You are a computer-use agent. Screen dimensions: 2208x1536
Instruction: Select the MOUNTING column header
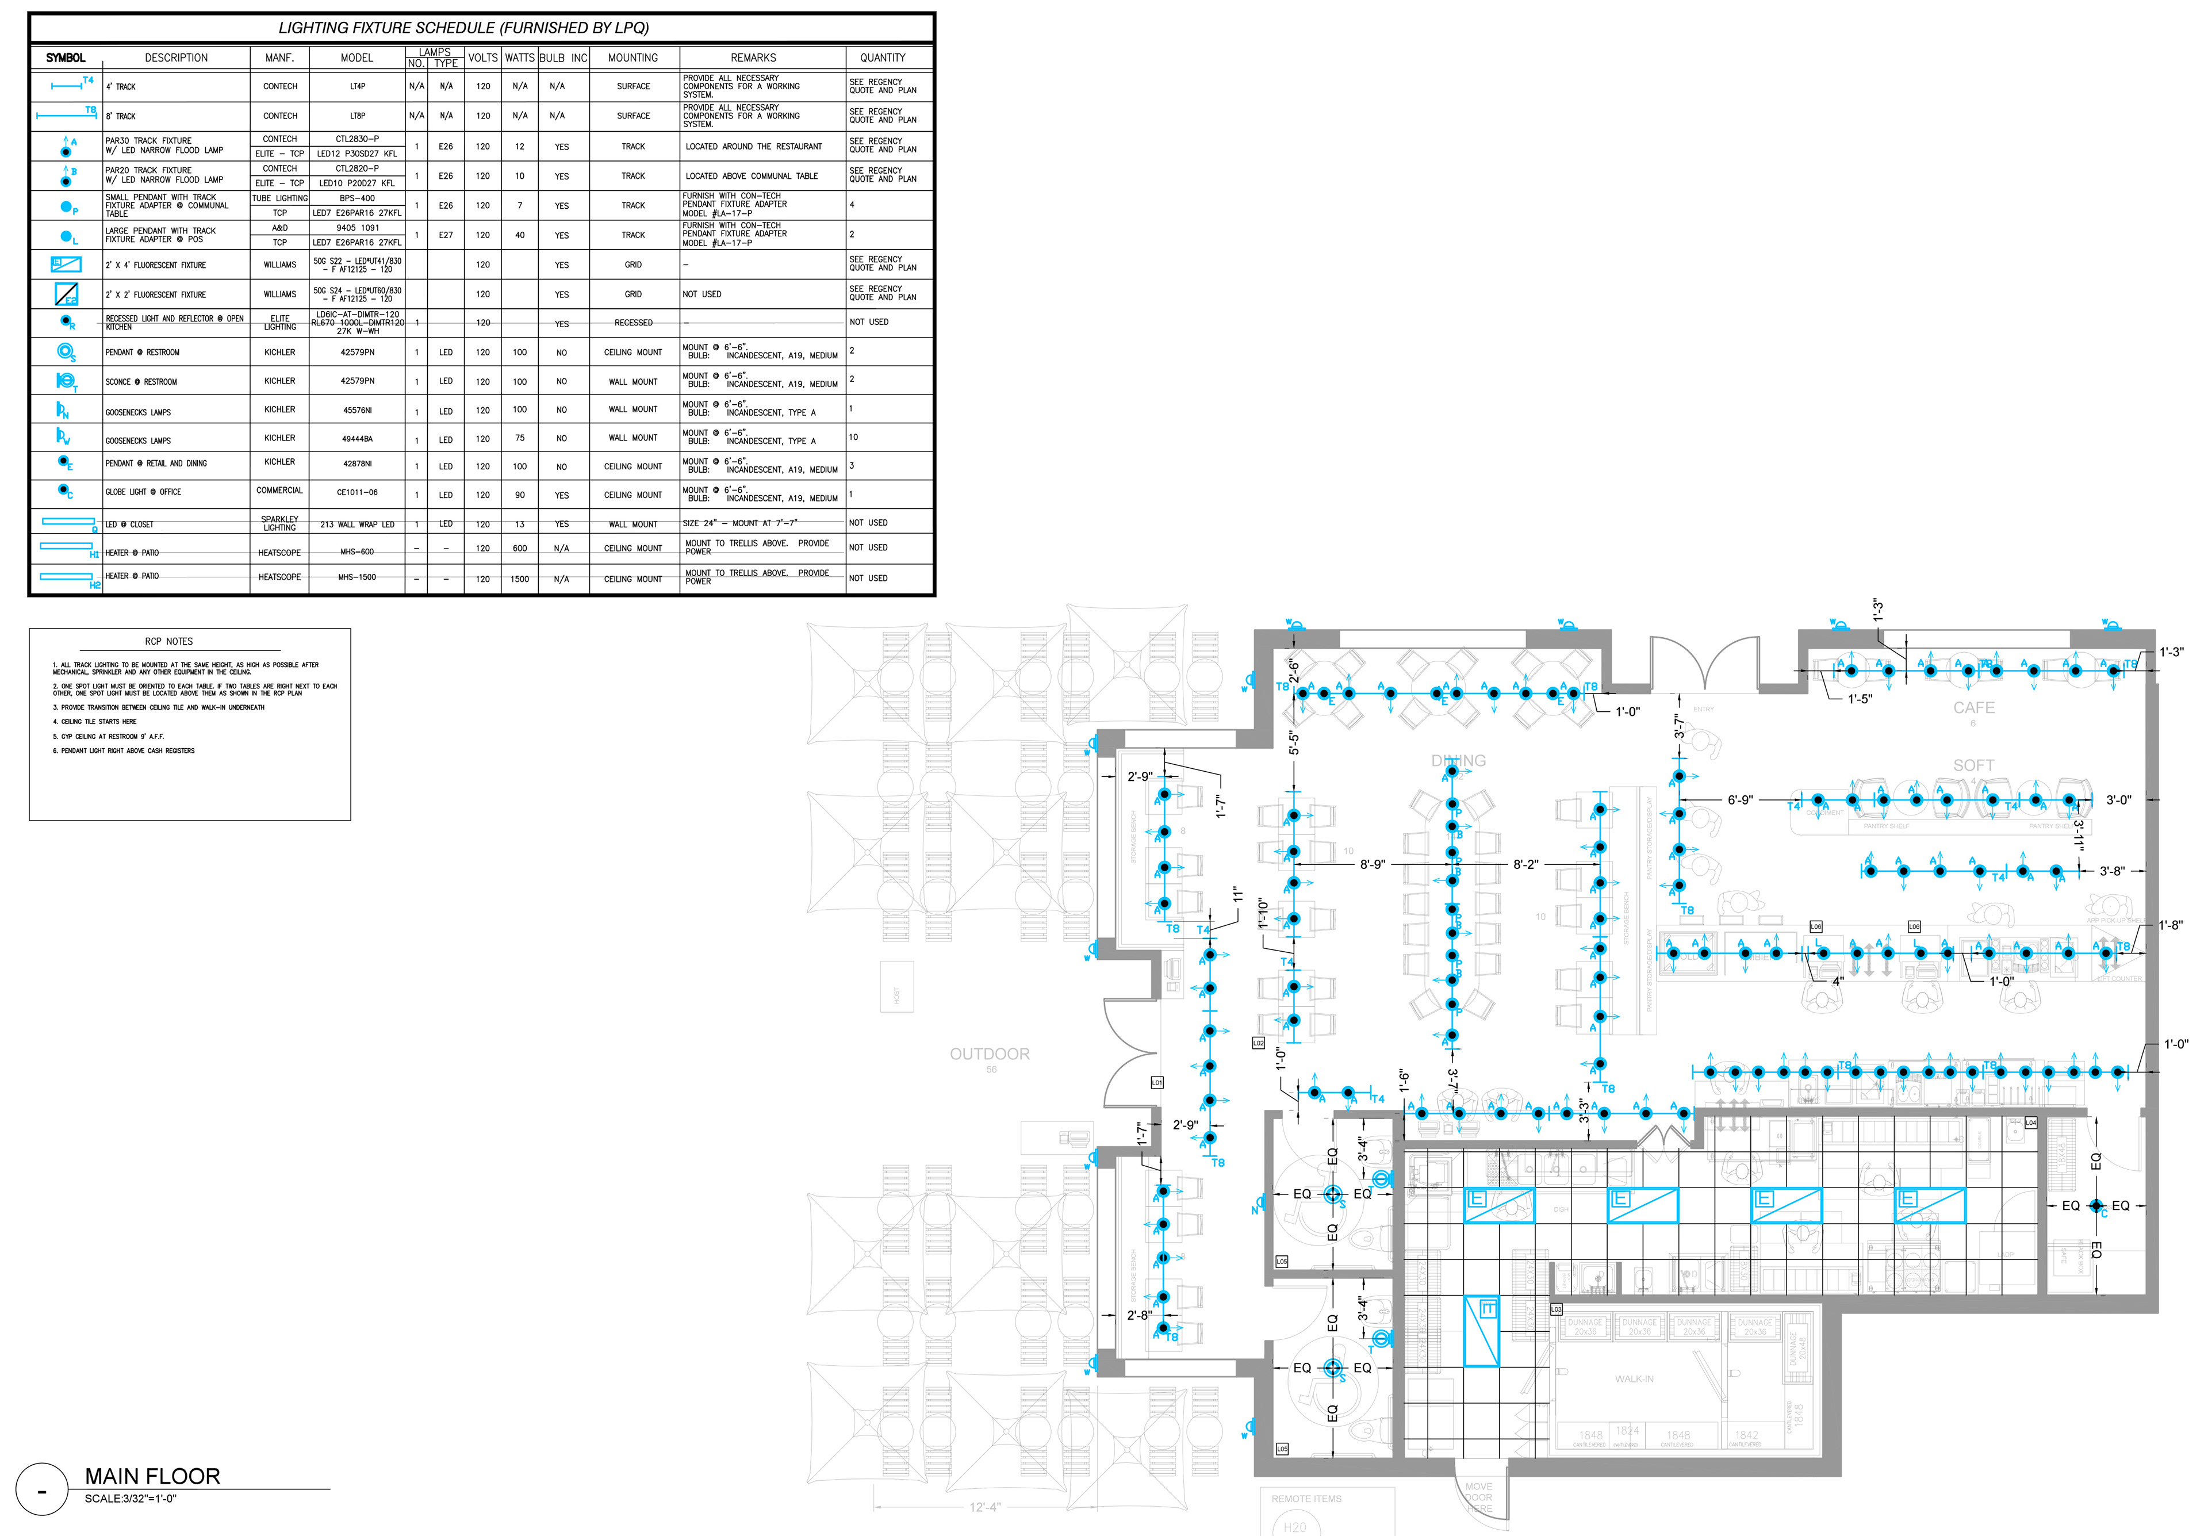632,58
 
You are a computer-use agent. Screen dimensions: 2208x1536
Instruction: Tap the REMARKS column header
753,58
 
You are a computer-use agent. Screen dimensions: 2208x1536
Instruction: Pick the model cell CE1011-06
356,492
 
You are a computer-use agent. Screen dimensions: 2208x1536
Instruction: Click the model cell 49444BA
356,439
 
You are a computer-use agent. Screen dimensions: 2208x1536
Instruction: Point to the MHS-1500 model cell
356,577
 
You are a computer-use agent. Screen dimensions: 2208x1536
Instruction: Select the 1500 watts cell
519,579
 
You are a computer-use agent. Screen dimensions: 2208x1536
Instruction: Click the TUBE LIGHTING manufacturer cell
280,198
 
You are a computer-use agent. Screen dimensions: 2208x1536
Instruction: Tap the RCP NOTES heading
169,642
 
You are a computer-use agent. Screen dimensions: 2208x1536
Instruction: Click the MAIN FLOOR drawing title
152,1476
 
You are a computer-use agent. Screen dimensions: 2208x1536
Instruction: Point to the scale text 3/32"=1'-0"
130,1499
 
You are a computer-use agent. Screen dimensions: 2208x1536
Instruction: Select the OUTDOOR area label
990,1054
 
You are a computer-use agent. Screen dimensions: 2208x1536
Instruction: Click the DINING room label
1459,761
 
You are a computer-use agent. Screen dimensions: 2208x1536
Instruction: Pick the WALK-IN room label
1634,1379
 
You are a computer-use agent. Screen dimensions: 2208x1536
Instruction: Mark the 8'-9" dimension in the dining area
1373,865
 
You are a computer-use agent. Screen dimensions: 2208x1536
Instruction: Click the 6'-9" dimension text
1740,800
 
